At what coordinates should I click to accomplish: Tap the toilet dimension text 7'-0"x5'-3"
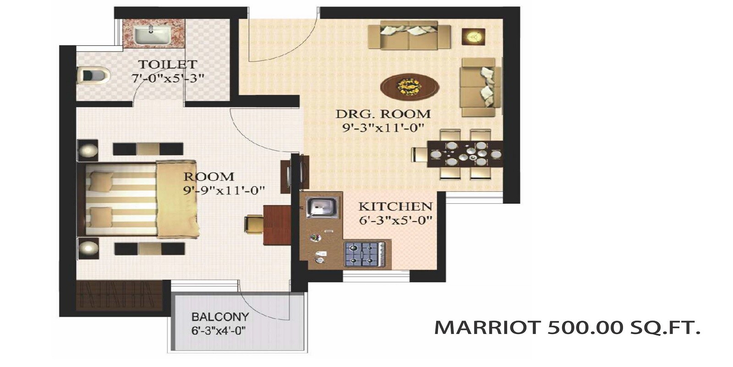tap(168, 78)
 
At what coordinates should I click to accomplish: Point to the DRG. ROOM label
tap(383, 114)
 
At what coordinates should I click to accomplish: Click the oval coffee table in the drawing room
tap(409, 85)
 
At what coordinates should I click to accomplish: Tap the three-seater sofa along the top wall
tap(409, 35)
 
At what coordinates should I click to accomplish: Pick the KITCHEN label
tap(395, 206)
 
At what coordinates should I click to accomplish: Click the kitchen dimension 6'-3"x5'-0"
tap(395, 220)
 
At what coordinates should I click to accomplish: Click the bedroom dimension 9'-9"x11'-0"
tap(224, 190)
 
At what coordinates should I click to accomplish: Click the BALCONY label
tap(220, 317)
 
